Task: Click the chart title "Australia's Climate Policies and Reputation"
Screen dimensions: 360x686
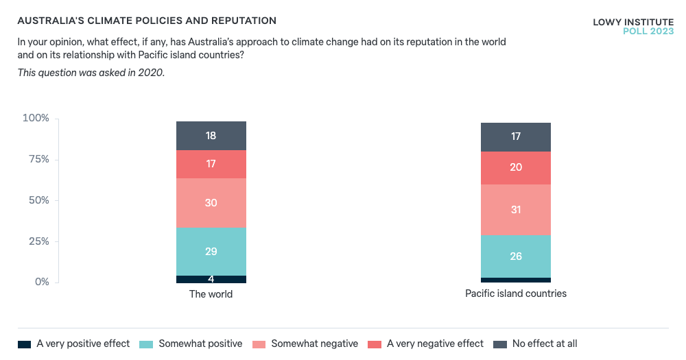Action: (x=147, y=21)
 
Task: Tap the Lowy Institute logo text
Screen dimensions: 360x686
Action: (x=632, y=22)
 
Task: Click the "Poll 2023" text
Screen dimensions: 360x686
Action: (x=648, y=32)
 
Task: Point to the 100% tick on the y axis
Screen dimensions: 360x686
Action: (x=36, y=119)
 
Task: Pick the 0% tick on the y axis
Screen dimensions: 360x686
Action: (x=41, y=282)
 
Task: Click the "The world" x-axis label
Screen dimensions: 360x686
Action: (x=211, y=294)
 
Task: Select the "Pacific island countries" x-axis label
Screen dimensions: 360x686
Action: (x=516, y=293)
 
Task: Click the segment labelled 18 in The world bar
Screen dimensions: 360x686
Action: (x=211, y=136)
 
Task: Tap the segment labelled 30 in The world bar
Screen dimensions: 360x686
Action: (x=211, y=203)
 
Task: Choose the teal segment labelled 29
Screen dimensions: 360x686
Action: (x=211, y=252)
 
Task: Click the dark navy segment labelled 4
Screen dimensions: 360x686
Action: (x=211, y=279)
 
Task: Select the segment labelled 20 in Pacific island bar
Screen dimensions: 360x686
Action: (x=516, y=168)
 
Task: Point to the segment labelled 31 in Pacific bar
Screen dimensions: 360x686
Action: (x=516, y=210)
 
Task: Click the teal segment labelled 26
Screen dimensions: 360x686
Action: (x=516, y=256)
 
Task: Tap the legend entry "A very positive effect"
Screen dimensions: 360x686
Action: (x=74, y=344)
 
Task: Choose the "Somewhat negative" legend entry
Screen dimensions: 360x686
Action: (x=306, y=344)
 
